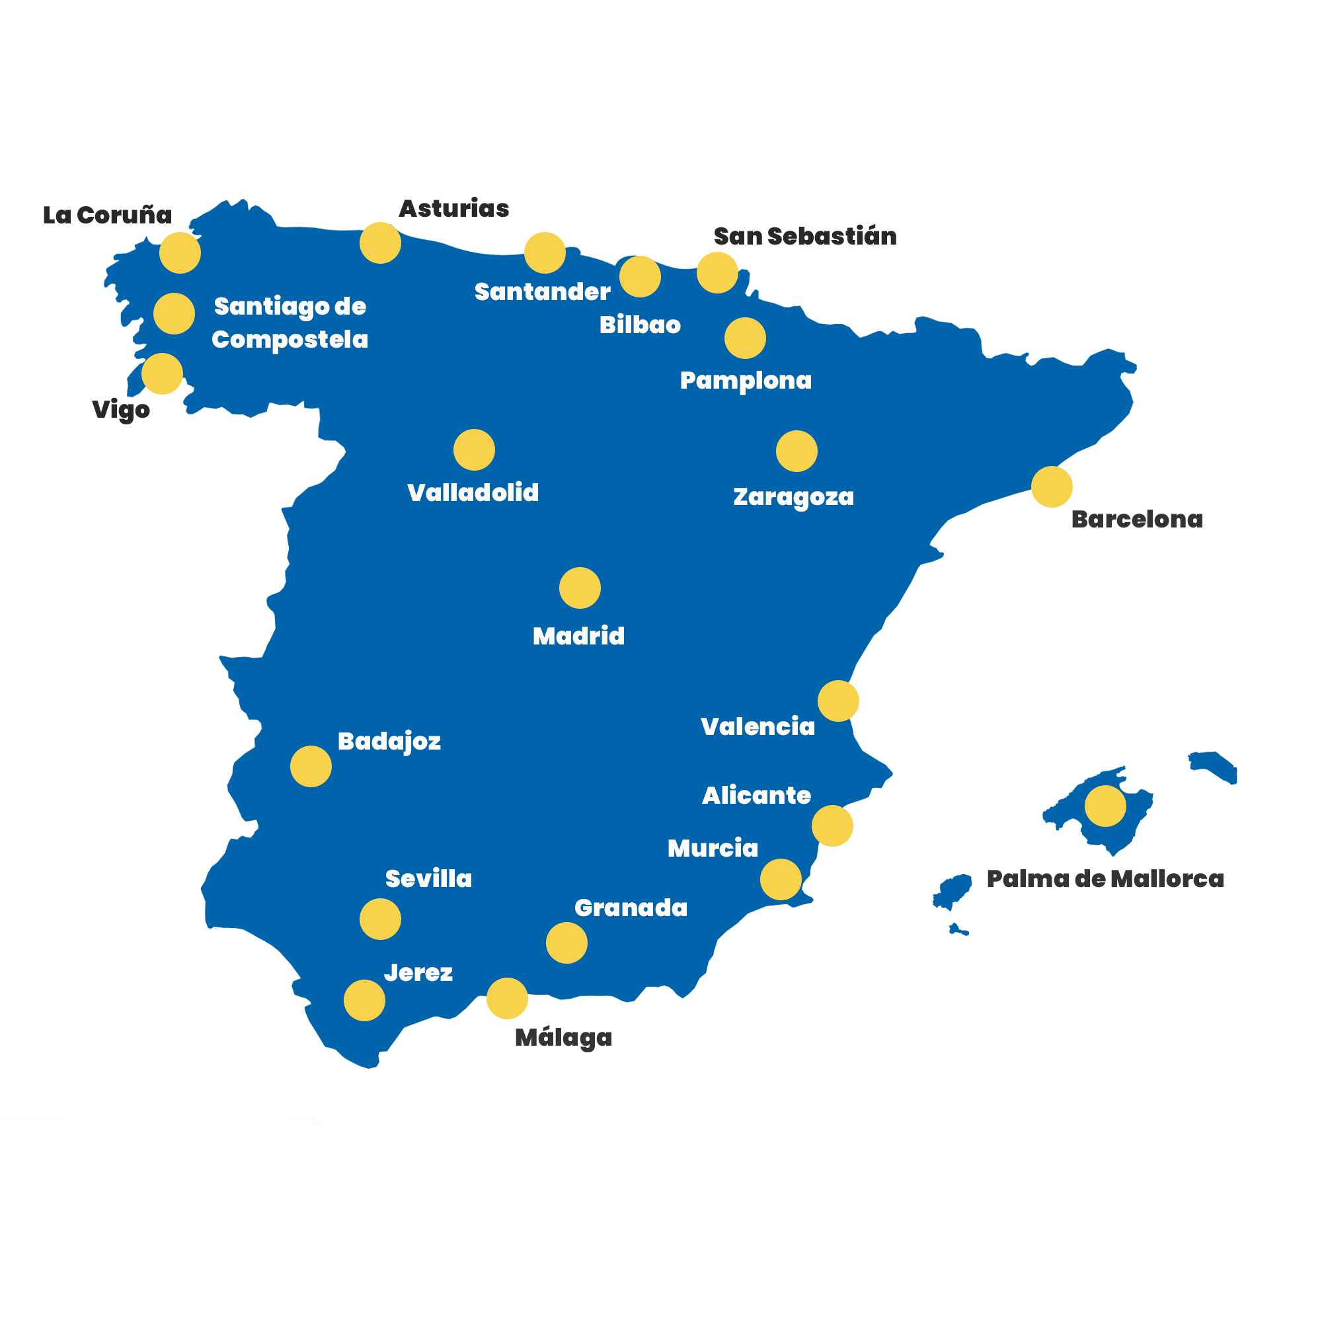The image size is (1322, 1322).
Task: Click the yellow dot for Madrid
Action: click(580, 588)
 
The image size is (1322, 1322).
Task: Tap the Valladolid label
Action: click(473, 492)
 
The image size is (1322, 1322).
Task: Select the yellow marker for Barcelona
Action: click(1052, 486)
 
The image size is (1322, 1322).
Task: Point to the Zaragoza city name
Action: click(794, 497)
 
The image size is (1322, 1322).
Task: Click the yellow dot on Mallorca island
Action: click(1105, 806)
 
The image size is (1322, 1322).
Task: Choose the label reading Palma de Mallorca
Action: click(1105, 878)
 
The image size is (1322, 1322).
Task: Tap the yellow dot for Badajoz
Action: click(311, 766)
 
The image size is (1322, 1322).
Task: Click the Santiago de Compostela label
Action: click(290, 323)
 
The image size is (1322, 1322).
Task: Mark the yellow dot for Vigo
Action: click(162, 373)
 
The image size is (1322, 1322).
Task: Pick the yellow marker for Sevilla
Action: click(381, 919)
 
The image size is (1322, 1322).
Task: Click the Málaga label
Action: click(563, 1037)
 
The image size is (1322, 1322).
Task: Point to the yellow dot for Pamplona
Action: click(745, 338)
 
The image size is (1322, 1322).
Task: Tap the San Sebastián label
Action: click(804, 236)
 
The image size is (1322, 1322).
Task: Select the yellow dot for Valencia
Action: click(838, 701)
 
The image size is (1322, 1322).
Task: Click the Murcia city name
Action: click(713, 849)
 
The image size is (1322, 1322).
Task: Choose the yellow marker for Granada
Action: click(566, 943)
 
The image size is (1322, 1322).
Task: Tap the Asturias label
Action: click(454, 209)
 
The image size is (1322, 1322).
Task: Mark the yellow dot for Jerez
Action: click(364, 1000)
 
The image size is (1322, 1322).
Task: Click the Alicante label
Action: click(756, 795)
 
